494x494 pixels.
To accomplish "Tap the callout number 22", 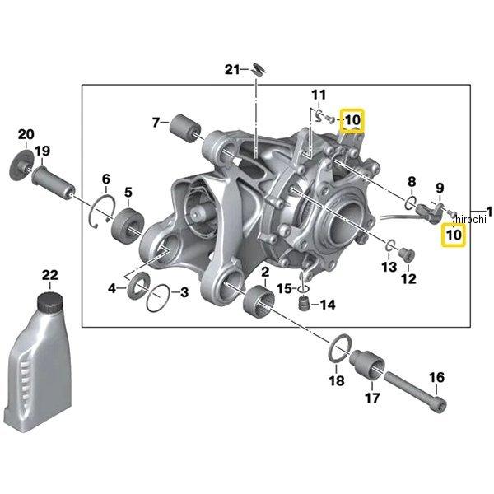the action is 50,275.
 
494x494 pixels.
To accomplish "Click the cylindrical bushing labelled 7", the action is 184,128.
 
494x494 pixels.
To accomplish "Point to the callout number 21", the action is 232,70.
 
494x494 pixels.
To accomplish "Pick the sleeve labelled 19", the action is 54,182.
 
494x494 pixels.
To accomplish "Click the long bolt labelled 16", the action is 415,392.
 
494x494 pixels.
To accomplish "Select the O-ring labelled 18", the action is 339,348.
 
